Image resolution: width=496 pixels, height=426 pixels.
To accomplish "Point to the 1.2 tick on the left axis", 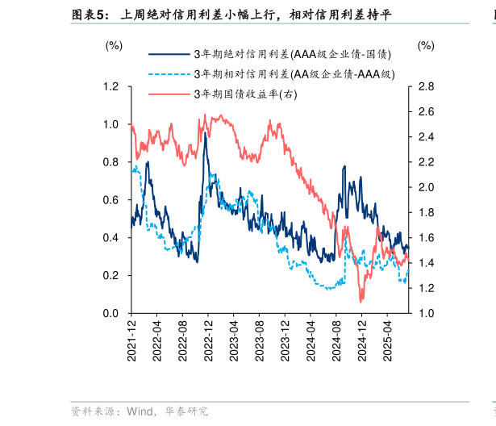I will (x=112, y=86).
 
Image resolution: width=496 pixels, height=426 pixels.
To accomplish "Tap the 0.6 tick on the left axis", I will (x=112, y=200).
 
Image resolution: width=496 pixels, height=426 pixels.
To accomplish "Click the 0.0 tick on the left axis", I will (x=112, y=313).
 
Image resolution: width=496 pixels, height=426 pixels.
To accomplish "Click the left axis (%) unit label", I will (x=114, y=46).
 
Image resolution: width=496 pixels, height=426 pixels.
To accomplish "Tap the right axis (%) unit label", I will (x=426, y=46).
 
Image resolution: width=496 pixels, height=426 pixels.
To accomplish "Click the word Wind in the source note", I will (x=136, y=411).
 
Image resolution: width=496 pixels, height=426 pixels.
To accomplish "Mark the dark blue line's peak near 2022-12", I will (x=206, y=133).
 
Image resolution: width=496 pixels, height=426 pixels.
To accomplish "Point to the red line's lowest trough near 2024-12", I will (x=361, y=301).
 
